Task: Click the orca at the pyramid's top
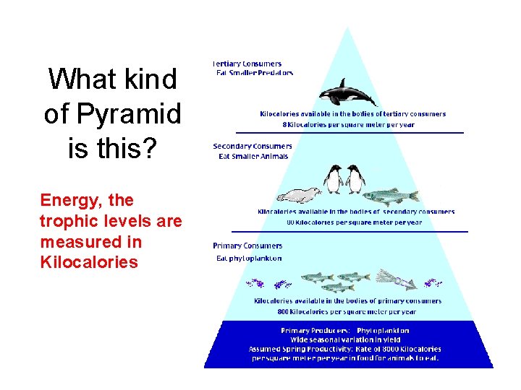(347, 93)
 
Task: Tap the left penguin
(334, 178)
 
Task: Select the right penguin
(355, 179)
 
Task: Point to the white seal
(298, 195)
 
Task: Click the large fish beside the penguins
(390, 196)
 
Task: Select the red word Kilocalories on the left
(89, 261)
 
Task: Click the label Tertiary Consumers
(247, 64)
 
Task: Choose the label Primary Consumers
(247, 246)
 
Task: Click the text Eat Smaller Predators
(255, 73)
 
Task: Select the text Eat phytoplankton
(249, 258)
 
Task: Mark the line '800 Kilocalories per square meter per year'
(347, 312)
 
